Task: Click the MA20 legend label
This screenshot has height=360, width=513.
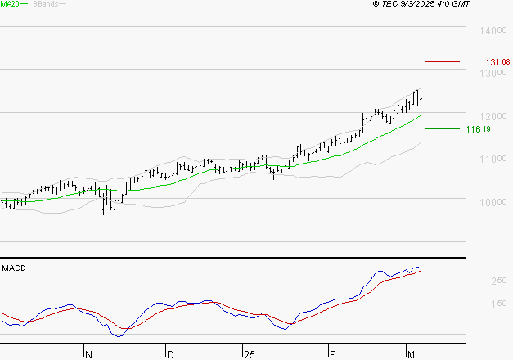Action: click(11, 4)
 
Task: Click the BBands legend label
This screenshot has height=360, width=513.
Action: click(46, 4)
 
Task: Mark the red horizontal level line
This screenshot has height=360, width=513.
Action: click(443, 61)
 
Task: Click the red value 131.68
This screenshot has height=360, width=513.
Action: click(497, 62)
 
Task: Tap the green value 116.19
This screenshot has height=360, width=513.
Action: click(478, 129)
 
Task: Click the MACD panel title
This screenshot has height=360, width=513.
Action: click(14, 268)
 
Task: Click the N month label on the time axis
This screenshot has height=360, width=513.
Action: click(88, 355)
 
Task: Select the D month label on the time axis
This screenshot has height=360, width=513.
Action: click(170, 355)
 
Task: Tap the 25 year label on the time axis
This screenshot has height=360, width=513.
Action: click(249, 355)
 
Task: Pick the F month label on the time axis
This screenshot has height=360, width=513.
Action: click(332, 355)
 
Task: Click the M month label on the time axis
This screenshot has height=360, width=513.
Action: click(411, 355)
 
